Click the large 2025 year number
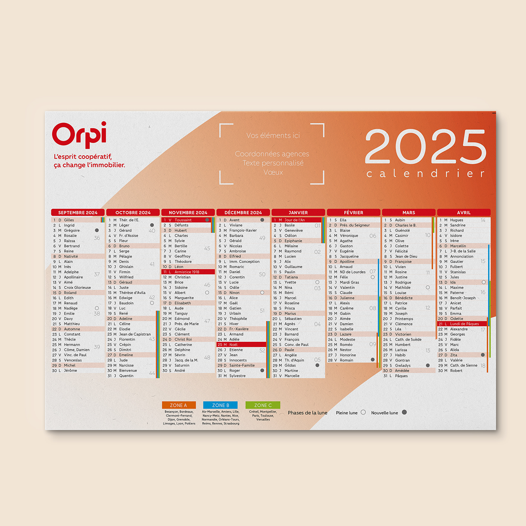(x=425, y=147)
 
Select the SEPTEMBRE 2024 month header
(x=78, y=212)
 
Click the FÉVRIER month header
(x=353, y=212)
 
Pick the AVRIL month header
(x=464, y=212)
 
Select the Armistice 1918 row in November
(x=188, y=272)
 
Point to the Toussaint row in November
(x=185, y=220)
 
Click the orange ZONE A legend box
(x=179, y=405)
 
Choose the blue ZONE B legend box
(x=221, y=405)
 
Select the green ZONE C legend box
(x=263, y=405)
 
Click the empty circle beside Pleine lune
(x=363, y=412)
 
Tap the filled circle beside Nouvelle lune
(x=404, y=412)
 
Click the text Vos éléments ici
(x=273, y=135)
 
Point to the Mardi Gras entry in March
(x=349, y=282)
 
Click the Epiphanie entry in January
(x=293, y=241)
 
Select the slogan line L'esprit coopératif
(x=83, y=157)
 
